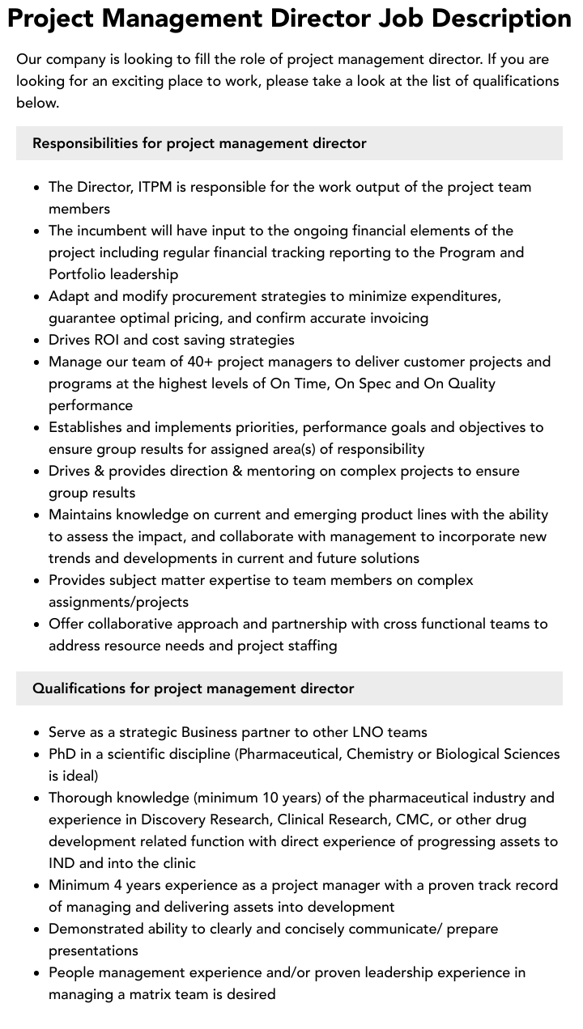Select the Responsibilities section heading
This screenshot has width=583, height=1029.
[199, 143]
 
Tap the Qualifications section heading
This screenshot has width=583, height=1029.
[193, 688]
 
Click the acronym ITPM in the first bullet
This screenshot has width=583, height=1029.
[155, 187]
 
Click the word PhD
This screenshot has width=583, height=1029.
[64, 754]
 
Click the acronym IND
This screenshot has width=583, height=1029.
[62, 863]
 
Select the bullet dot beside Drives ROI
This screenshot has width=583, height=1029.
[37, 341]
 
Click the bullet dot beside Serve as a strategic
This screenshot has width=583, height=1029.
[37, 733]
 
